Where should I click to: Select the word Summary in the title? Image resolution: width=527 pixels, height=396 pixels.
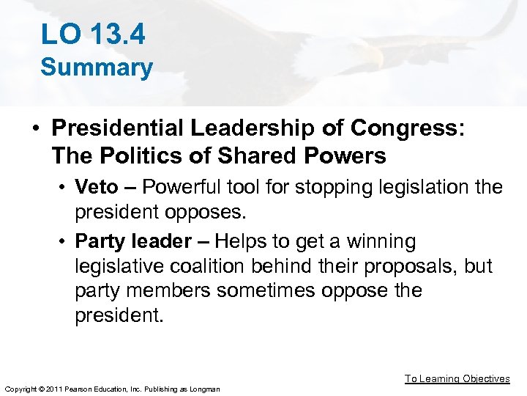(x=97, y=67)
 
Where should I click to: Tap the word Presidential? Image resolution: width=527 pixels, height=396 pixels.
(x=118, y=128)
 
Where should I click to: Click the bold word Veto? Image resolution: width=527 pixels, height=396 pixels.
(x=97, y=187)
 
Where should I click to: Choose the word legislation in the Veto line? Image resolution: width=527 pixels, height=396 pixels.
(x=398, y=187)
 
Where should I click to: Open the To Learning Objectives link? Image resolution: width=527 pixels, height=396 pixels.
(x=457, y=378)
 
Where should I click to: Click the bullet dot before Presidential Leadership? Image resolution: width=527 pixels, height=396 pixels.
(x=35, y=129)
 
